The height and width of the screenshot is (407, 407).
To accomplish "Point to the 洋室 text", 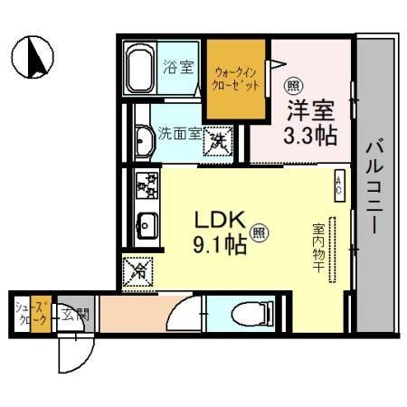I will pyautogui.click(x=309, y=110).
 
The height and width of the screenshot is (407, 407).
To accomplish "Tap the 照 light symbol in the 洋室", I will pyautogui.click(x=293, y=87).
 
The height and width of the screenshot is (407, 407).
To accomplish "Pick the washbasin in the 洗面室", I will pyautogui.click(x=143, y=140).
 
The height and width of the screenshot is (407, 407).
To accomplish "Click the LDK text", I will pyautogui.click(x=217, y=221).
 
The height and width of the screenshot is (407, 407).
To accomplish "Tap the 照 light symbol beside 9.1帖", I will pyautogui.click(x=259, y=233).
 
